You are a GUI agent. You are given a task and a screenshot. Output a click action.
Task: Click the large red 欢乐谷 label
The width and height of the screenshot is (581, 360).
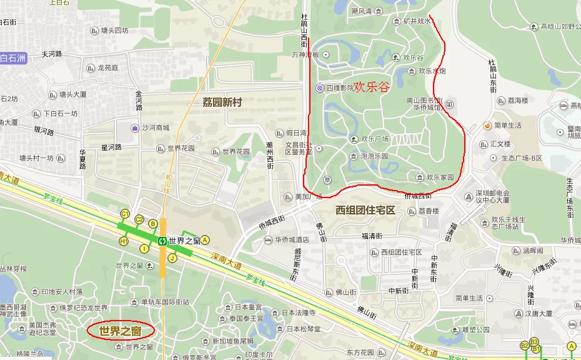pos(371,87)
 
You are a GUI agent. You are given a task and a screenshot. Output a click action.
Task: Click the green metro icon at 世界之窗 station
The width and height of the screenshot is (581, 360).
pos(162,241)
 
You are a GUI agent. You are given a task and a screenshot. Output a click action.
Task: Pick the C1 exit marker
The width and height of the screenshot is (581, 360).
pos(125,214)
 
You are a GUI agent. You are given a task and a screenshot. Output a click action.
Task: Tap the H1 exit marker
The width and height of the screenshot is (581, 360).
pos(124,241)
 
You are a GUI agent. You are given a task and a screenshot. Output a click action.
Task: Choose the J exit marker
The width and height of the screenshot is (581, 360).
pos(172,257)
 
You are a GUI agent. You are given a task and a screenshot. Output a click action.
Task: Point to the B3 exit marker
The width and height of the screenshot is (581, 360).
pos(534,342)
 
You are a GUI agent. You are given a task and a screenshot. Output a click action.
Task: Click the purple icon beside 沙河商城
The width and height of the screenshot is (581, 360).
pos(134,128)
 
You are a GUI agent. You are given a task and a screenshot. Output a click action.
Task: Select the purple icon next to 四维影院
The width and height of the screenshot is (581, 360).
pos(319,88)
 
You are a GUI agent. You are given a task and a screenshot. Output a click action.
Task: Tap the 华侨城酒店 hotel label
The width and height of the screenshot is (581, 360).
pos(292,240)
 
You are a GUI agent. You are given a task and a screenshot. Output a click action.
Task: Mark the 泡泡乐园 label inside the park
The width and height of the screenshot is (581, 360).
pos(374,156)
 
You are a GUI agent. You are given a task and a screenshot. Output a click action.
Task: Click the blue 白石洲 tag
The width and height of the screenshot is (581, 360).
pos(13,59)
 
